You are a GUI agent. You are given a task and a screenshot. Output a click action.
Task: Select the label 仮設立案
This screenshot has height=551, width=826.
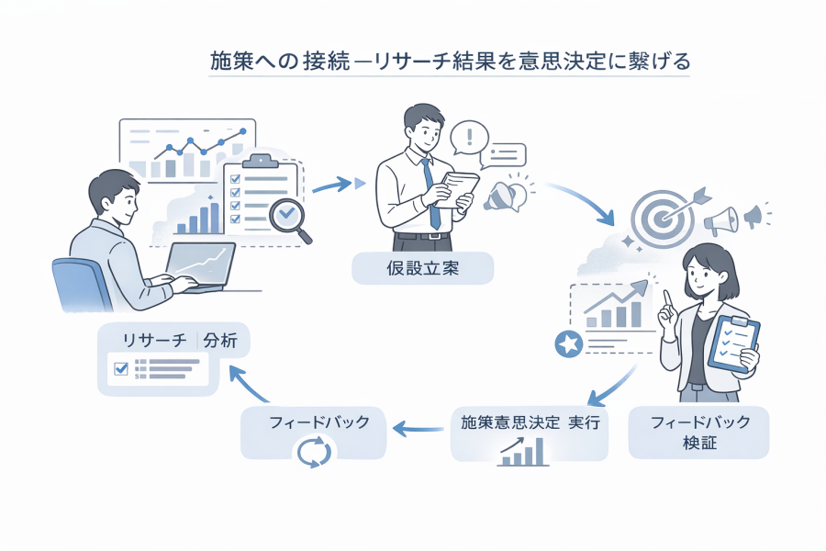click(x=422, y=268)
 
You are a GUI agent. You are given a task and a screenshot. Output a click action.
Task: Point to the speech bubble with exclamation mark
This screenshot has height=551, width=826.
click(x=471, y=140)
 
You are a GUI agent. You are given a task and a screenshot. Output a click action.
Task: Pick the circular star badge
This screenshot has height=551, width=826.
click(x=568, y=344)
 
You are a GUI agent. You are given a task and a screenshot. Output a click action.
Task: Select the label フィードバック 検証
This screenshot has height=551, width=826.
click(x=699, y=433)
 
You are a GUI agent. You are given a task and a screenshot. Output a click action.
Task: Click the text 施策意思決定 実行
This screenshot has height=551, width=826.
click(x=529, y=423)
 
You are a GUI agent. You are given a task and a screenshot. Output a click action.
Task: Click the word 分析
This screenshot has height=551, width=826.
click(x=220, y=341)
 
